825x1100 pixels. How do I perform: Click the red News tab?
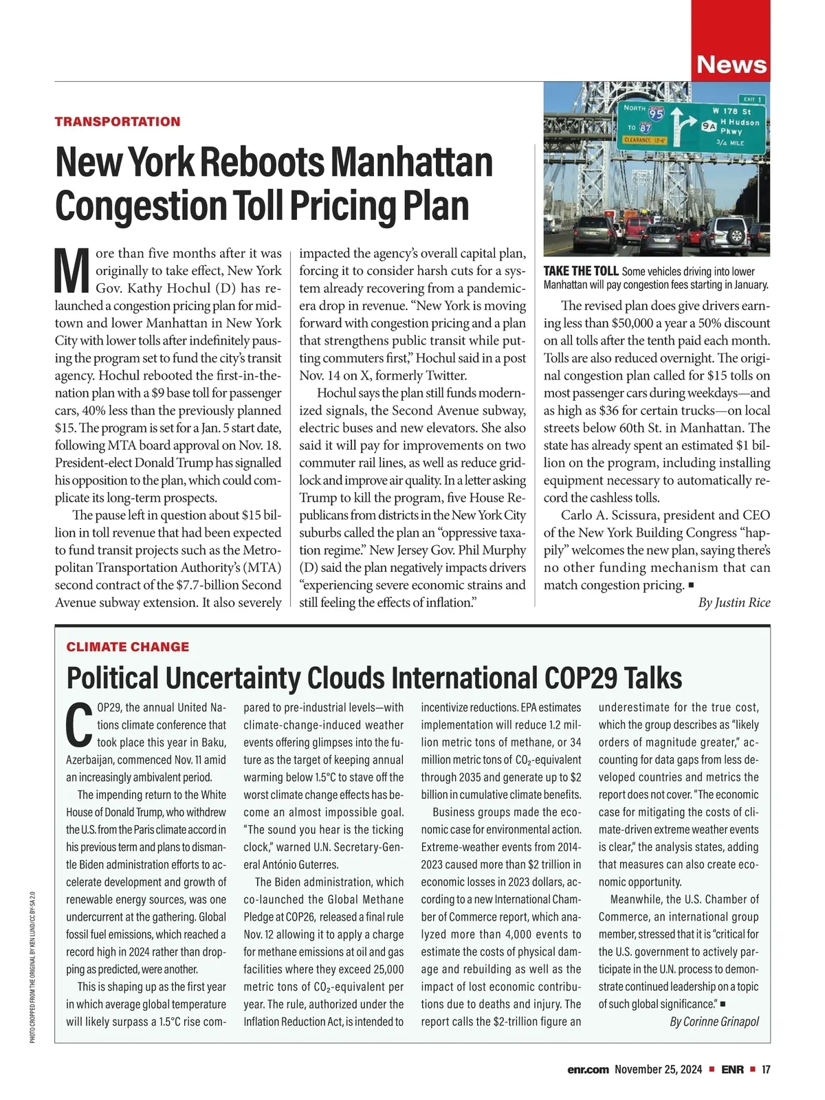coord(730,64)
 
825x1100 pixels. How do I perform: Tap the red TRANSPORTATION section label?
coord(118,122)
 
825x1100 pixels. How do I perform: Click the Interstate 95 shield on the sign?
coord(657,114)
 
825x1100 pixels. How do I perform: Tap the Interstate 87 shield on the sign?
coord(645,128)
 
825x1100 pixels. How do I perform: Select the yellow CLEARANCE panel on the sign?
coord(643,140)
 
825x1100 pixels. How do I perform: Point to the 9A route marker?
coord(709,126)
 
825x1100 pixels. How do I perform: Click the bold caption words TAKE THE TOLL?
coord(581,272)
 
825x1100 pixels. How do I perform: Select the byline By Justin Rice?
coord(734,603)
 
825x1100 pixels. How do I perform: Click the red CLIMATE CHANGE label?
coord(128,647)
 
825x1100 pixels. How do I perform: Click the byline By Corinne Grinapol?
coord(714,1022)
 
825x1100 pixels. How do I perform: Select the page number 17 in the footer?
coord(766,1070)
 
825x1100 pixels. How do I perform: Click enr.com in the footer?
coord(588,1070)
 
